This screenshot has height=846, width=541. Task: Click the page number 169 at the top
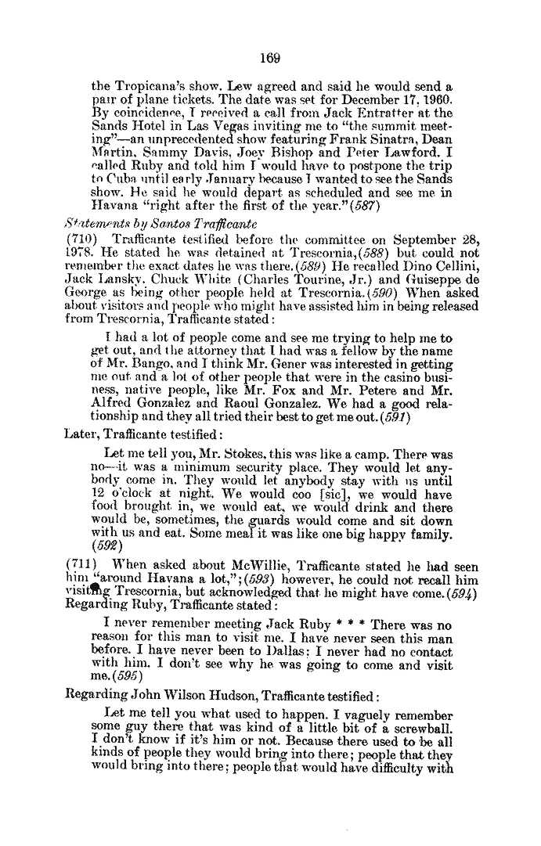pyautogui.click(x=271, y=57)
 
